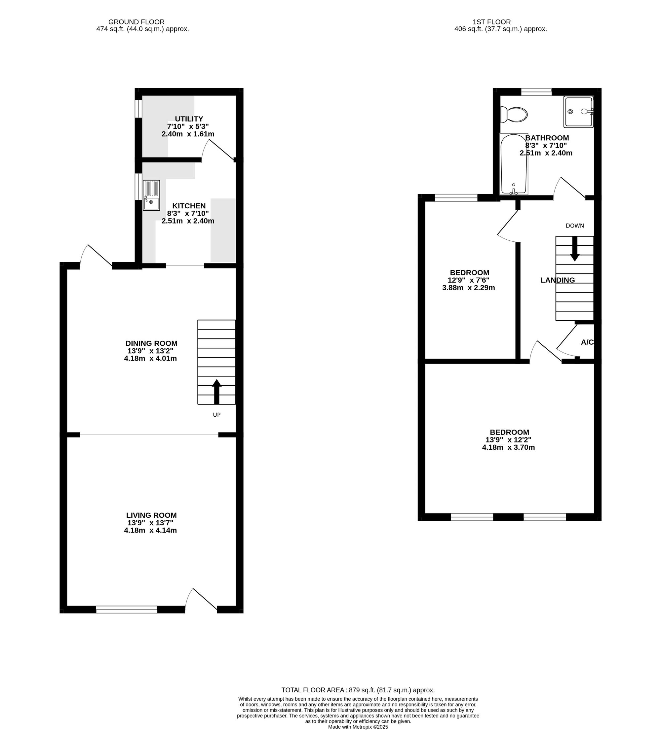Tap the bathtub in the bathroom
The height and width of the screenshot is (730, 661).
[514, 164]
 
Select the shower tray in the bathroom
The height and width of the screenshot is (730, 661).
[578, 112]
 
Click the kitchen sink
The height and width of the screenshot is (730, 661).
[151, 195]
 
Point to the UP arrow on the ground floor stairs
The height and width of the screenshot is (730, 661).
[217, 392]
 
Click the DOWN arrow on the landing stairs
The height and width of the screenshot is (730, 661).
[575, 248]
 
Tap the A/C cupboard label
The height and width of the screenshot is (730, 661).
[587, 342]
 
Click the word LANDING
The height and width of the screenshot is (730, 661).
[557, 280]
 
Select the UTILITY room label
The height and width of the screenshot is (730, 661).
[189, 119]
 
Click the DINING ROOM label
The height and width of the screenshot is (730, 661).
[151, 343]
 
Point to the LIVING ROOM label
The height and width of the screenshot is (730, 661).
[151, 515]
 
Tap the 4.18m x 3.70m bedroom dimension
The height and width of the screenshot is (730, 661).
[508, 447]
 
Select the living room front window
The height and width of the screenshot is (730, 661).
[127, 609]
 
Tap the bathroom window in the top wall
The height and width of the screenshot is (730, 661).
[536, 91]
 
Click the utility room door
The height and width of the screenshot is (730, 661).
[217, 150]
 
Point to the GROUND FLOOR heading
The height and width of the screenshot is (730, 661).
[136, 22]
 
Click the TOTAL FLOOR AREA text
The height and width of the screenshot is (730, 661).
[358, 690]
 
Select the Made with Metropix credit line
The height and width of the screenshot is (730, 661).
[358, 727]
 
